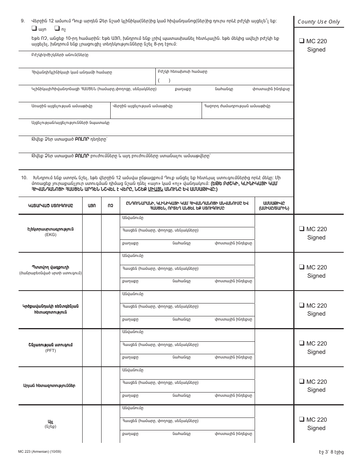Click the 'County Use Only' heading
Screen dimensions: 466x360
click(319, 22)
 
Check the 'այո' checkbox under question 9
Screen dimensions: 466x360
click(34, 28)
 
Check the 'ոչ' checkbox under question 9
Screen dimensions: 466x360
click(57, 28)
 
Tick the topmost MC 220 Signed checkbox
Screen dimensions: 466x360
click(302, 41)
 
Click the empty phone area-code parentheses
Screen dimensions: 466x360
click(164, 80)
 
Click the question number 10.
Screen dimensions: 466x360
click(24, 178)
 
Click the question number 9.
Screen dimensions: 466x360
click(23, 21)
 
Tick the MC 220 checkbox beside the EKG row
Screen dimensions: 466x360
click(302, 229)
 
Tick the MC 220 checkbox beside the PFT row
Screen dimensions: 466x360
click(302, 343)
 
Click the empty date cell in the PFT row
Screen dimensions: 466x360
click(274, 347)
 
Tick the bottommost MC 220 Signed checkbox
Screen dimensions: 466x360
click(302, 419)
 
